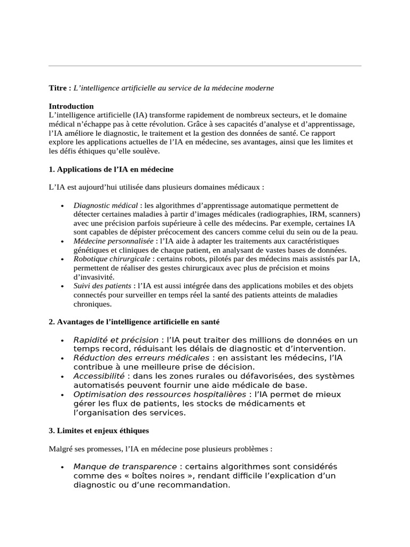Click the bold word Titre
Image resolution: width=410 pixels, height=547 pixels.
58,87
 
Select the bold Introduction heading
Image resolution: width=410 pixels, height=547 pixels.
71,106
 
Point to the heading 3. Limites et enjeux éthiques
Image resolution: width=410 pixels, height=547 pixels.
99,430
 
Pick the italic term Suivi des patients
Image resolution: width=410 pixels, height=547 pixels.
102,286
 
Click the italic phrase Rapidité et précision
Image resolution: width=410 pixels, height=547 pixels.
116,340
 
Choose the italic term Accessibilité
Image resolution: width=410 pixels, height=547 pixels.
99,376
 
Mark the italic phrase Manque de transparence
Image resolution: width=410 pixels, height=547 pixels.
125,466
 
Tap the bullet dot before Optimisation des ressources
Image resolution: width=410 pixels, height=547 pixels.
63,395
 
